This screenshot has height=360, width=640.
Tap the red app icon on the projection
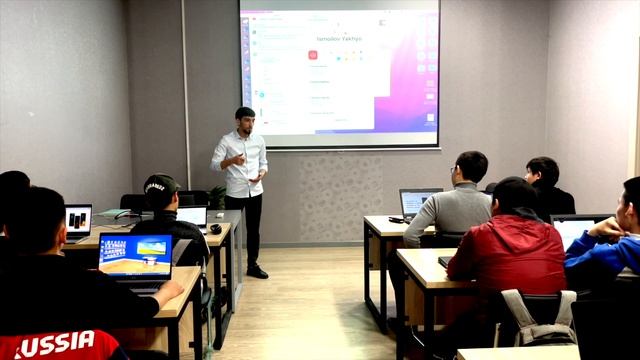[x=312, y=55]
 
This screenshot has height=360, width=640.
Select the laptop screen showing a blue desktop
[x=135, y=255]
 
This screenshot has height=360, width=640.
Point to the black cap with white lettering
[x=160, y=185]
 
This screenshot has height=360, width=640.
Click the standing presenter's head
[x=245, y=120]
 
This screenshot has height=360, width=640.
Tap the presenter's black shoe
[x=257, y=271]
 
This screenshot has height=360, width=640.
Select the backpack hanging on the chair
[x=539, y=319]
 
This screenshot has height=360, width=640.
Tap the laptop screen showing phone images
[x=78, y=220]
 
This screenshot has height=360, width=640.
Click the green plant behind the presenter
[x=216, y=197]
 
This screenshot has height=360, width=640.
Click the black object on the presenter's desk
[x=215, y=229]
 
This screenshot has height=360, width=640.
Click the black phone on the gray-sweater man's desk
[x=396, y=219]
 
